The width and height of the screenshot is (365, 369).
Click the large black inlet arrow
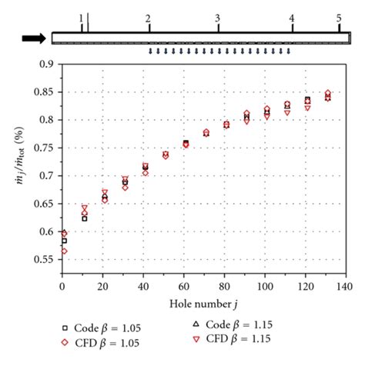pyautogui.click(x=34, y=38)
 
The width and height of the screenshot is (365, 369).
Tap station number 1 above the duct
pyautogui.click(x=82, y=17)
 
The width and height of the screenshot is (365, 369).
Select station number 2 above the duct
pyautogui.click(x=148, y=17)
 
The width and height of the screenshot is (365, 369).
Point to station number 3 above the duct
pyautogui.click(x=218, y=17)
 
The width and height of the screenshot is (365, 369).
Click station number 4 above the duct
pyautogui.click(x=292, y=17)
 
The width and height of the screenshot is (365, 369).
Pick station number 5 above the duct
pyautogui.click(x=339, y=17)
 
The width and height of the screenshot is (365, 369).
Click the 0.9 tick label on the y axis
pyautogui.click(x=48, y=65)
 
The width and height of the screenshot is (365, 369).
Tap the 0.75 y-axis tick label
pyautogui.click(x=45, y=148)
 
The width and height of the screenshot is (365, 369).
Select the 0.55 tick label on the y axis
pyautogui.click(x=45, y=259)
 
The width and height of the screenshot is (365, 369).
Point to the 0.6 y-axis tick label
pyautogui.click(x=48, y=231)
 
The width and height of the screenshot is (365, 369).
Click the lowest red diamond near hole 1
pyautogui.click(x=63, y=251)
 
